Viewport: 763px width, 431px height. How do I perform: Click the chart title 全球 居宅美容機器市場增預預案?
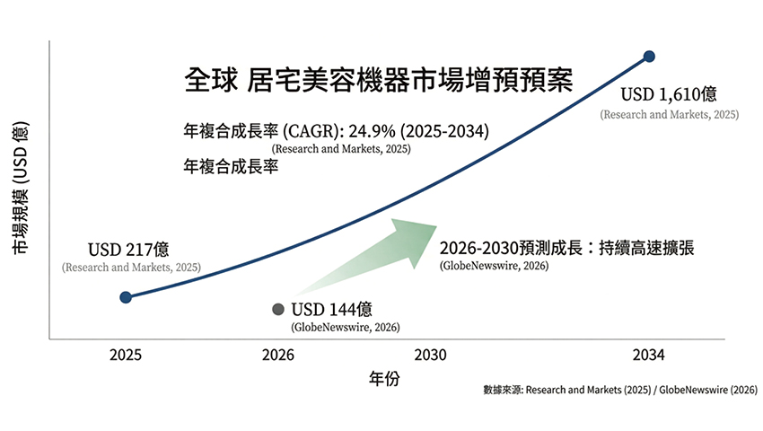click(377, 79)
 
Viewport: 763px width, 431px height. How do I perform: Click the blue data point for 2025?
click(126, 297)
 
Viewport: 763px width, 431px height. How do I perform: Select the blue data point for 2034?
click(649, 57)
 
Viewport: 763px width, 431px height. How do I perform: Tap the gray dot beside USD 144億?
click(278, 309)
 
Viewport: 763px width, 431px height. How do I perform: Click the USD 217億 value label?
click(128, 249)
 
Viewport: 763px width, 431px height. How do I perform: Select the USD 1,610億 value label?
click(669, 96)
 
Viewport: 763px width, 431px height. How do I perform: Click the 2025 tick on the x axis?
click(126, 356)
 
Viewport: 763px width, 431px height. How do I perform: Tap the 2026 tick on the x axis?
click(278, 356)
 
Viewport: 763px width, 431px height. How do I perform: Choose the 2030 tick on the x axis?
click(432, 356)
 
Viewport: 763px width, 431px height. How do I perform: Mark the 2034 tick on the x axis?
click(648, 356)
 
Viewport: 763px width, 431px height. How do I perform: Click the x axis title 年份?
click(384, 379)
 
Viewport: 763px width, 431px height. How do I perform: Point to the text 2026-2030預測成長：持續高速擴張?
click(566, 248)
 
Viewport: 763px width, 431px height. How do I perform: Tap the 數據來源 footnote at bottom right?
click(619, 391)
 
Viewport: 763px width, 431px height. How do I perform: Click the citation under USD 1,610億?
click(668, 115)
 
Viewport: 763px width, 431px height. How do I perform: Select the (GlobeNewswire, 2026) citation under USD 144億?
click(346, 328)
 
